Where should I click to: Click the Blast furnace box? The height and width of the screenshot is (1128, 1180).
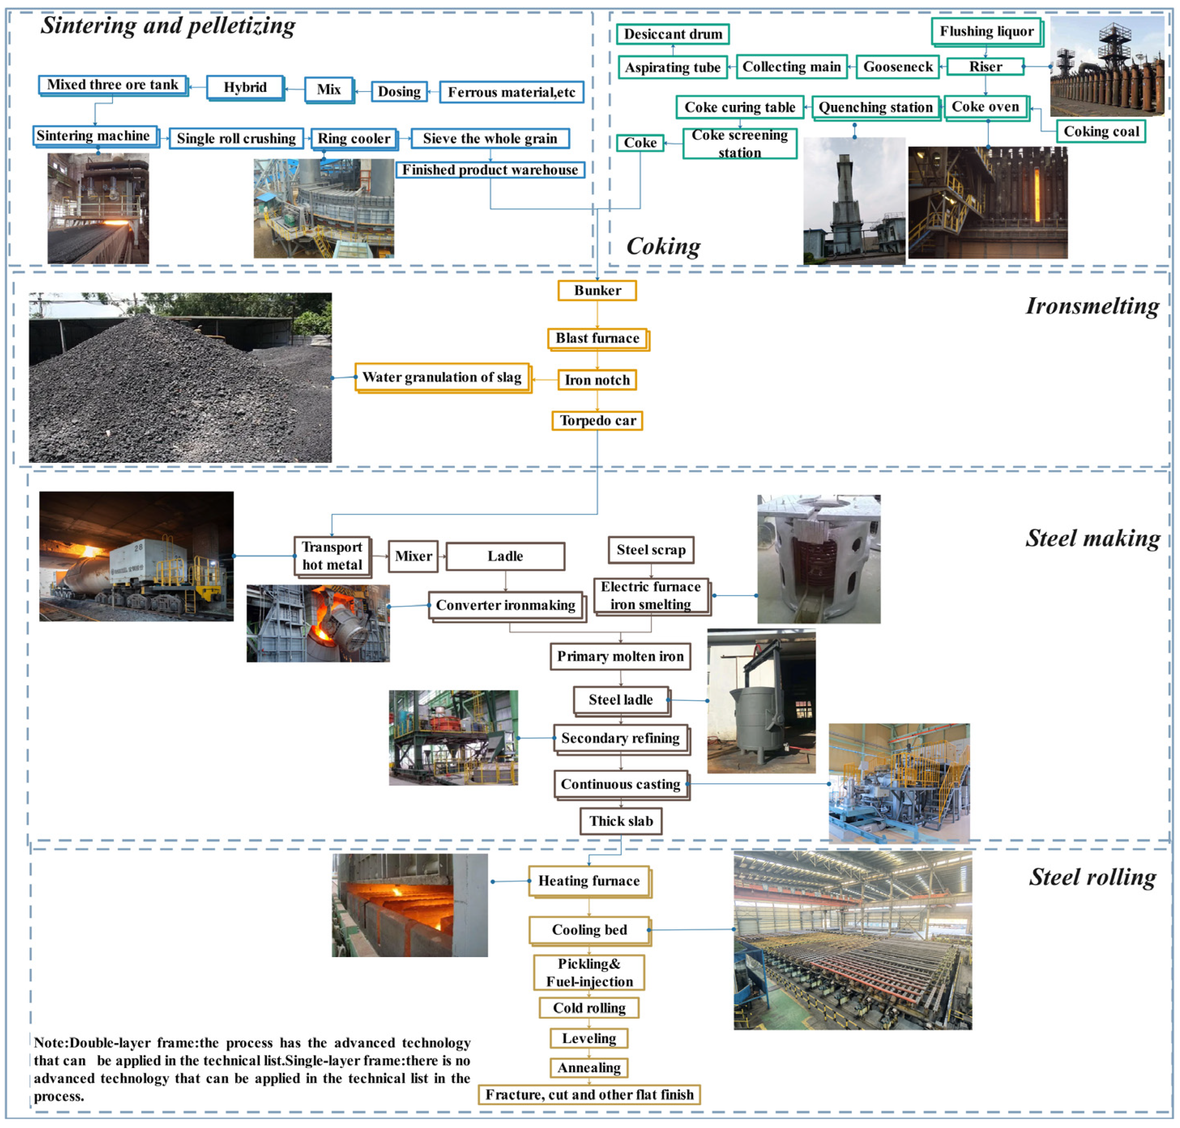tap(597, 338)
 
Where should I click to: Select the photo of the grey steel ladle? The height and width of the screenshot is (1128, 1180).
tap(760, 700)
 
